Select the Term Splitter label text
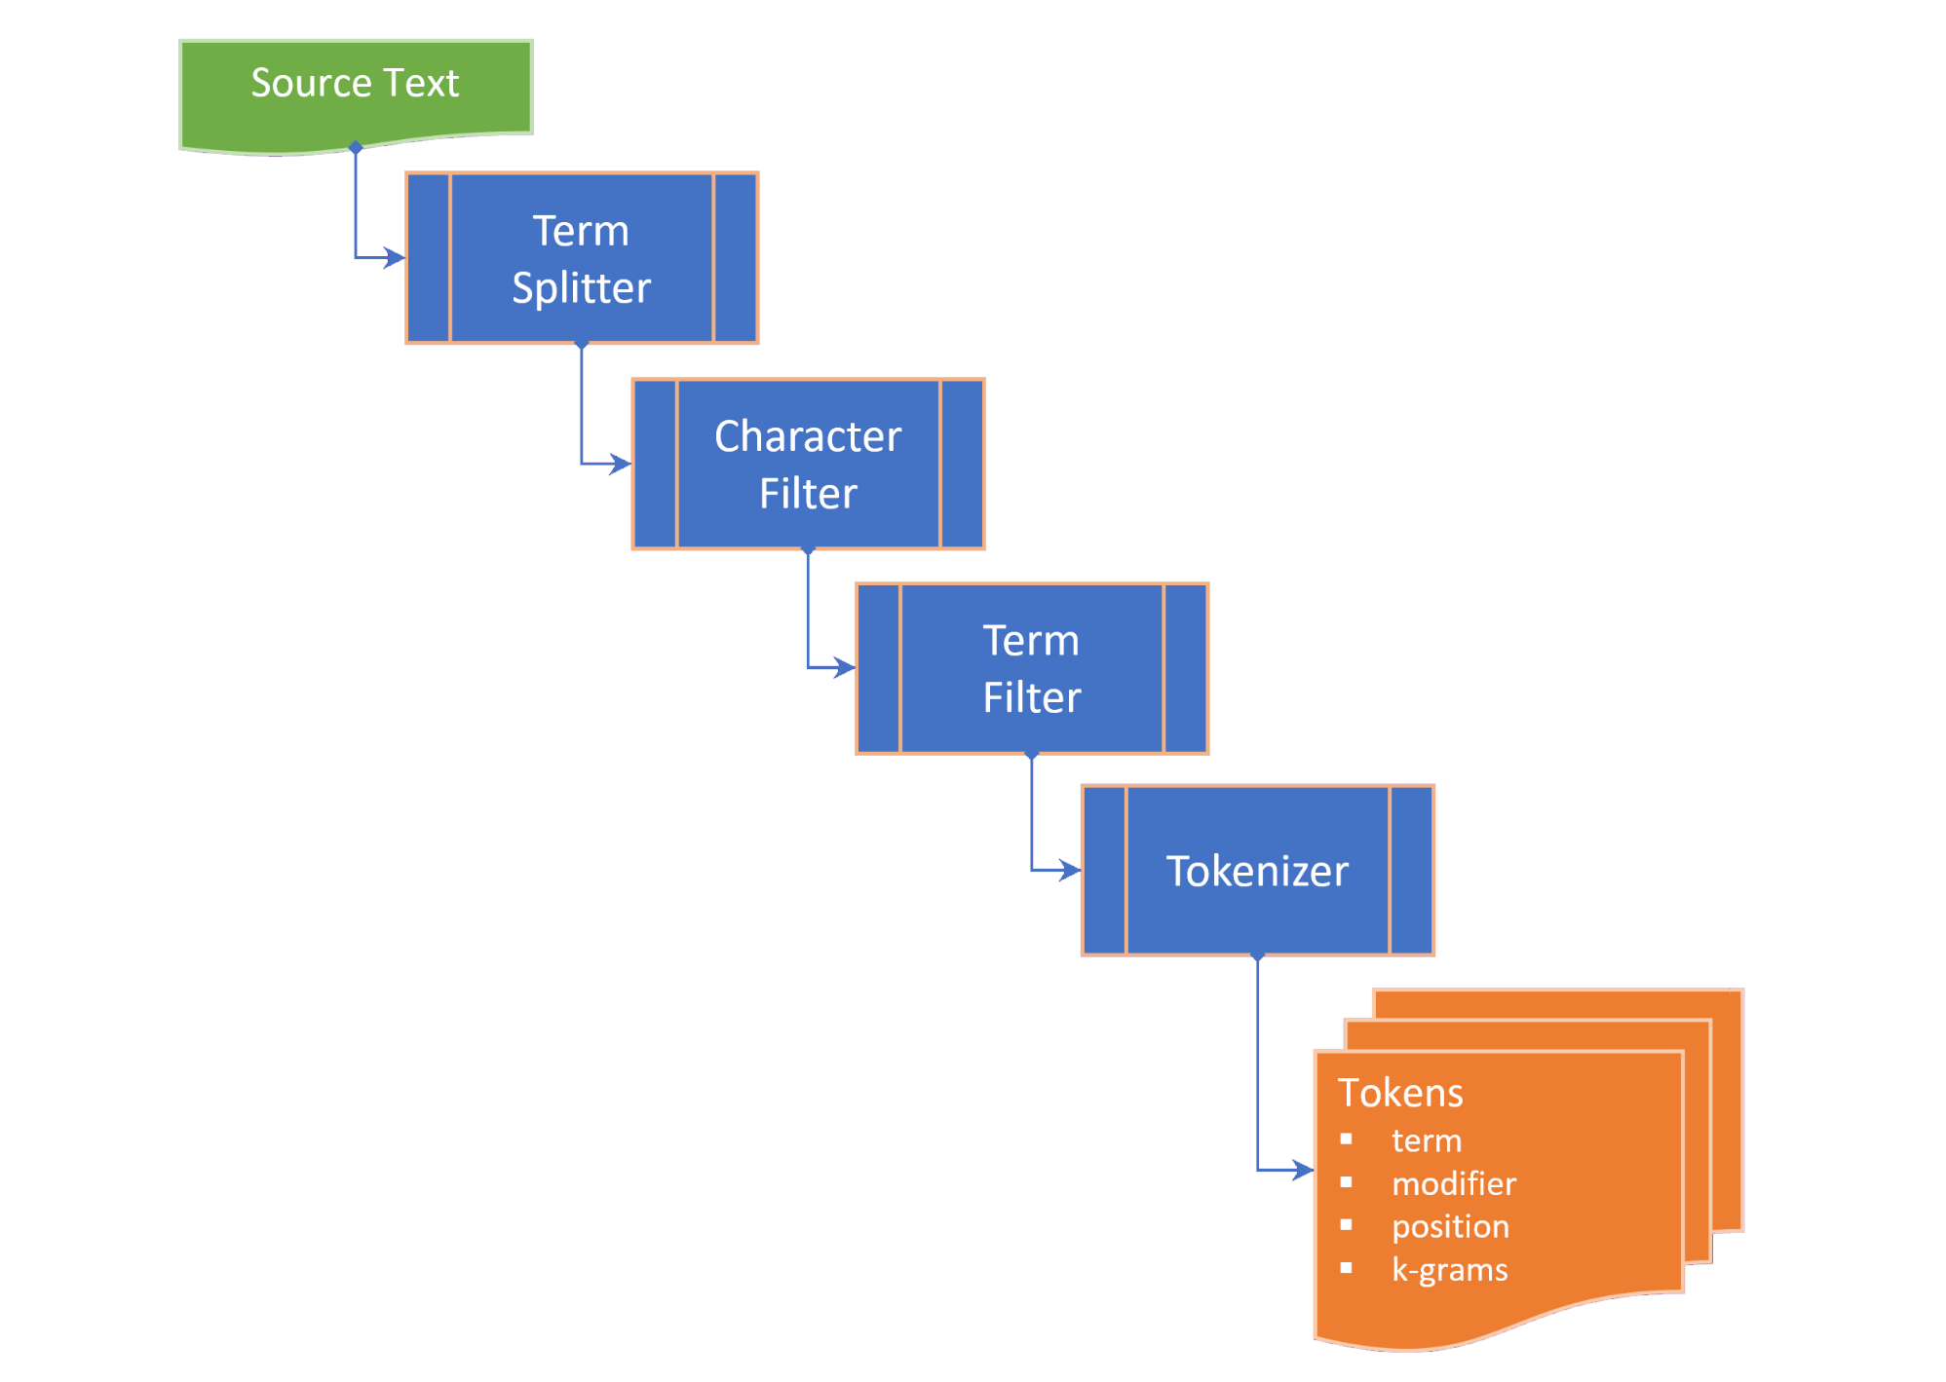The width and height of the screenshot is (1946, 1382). (x=582, y=259)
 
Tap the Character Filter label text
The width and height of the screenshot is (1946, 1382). (x=808, y=465)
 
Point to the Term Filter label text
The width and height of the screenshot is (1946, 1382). (x=1032, y=669)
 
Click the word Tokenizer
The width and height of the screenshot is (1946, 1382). (x=1257, y=871)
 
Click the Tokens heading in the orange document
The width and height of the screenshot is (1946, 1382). (x=1400, y=1093)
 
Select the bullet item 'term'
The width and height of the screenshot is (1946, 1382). (x=1427, y=1140)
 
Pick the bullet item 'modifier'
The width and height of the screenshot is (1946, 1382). (x=1454, y=1183)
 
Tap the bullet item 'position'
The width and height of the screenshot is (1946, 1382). (x=1450, y=1226)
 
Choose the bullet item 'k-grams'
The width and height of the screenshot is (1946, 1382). (x=1450, y=1269)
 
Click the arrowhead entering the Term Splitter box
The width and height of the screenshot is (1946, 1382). (x=395, y=258)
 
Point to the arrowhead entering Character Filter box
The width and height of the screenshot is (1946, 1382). (x=621, y=464)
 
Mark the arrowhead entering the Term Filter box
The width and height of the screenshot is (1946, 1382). (x=845, y=668)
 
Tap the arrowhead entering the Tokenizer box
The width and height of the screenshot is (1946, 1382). (x=1070, y=871)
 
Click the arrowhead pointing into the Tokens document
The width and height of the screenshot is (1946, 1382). (x=1303, y=1170)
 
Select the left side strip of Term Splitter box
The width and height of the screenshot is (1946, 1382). (x=429, y=258)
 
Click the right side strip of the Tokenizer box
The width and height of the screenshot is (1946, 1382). (x=1411, y=871)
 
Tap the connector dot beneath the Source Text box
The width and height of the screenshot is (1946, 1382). (x=356, y=148)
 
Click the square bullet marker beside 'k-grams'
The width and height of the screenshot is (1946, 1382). (x=1346, y=1268)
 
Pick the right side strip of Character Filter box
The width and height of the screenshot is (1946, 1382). (x=962, y=465)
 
